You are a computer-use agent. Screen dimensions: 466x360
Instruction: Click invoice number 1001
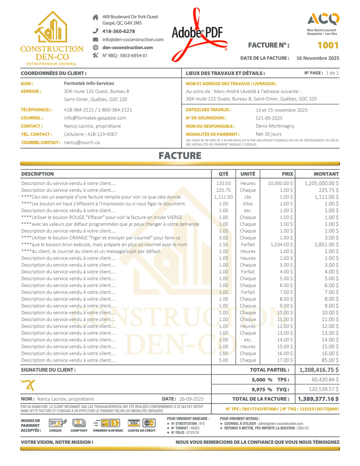click(327, 45)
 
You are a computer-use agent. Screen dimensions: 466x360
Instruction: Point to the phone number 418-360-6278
click(118, 31)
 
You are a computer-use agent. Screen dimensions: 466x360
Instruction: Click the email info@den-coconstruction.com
click(133, 39)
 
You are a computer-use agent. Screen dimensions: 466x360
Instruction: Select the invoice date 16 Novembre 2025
click(317, 58)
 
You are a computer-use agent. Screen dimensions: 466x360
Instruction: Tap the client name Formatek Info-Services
click(89, 83)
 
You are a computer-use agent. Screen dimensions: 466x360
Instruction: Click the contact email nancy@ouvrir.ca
click(82, 142)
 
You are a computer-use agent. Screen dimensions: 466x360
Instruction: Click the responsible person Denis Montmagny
click(275, 126)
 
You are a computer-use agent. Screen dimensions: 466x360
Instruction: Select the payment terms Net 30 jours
click(268, 134)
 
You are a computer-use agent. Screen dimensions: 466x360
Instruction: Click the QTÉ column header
click(224, 174)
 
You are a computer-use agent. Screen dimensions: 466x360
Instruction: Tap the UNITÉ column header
click(248, 174)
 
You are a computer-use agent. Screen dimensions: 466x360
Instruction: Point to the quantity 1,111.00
click(223, 197)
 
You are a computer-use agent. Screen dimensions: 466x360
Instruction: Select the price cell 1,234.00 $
click(280, 244)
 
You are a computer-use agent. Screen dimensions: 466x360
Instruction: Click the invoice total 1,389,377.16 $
click(318, 399)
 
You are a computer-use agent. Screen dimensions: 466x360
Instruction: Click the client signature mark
click(28, 385)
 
